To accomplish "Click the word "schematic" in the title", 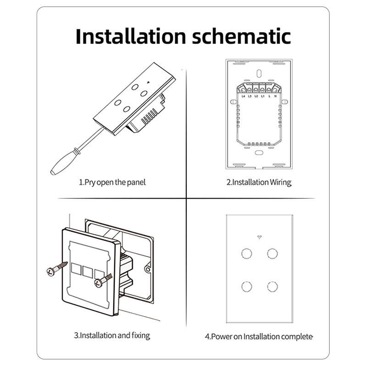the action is click(x=241, y=36).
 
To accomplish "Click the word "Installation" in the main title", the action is click(x=131, y=36).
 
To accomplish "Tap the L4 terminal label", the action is click(x=243, y=96).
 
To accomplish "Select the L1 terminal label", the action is click(x=262, y=96).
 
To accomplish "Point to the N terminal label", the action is click(x=276, y=96).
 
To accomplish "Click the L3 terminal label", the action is click(x=250, y=96).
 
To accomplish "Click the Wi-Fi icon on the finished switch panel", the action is click(x=259, y=237).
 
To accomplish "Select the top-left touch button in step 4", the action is click(x=246, y=254).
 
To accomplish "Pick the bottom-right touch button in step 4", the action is click(x=272, y=287).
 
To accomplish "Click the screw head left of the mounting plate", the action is click(x=50, y=272).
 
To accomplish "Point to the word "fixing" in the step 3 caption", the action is click(x=140, y=336).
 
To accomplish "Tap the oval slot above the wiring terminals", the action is click(x=259, y=73).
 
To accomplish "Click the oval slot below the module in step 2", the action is click(x=259, y=153).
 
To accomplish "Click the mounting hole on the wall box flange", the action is click(x=148, y=269).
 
